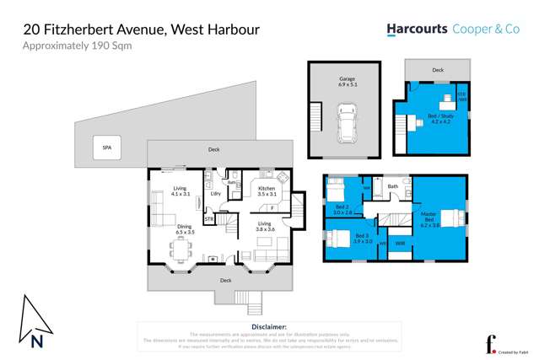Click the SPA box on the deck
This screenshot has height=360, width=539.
[x=106, y=148]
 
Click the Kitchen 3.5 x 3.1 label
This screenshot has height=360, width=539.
[x=267, y=191]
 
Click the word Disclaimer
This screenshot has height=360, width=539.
[x=269, y=326]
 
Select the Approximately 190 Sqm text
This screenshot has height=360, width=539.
[x=77, y=46]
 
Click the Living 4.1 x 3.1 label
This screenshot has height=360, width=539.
[x=180, y=191]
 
